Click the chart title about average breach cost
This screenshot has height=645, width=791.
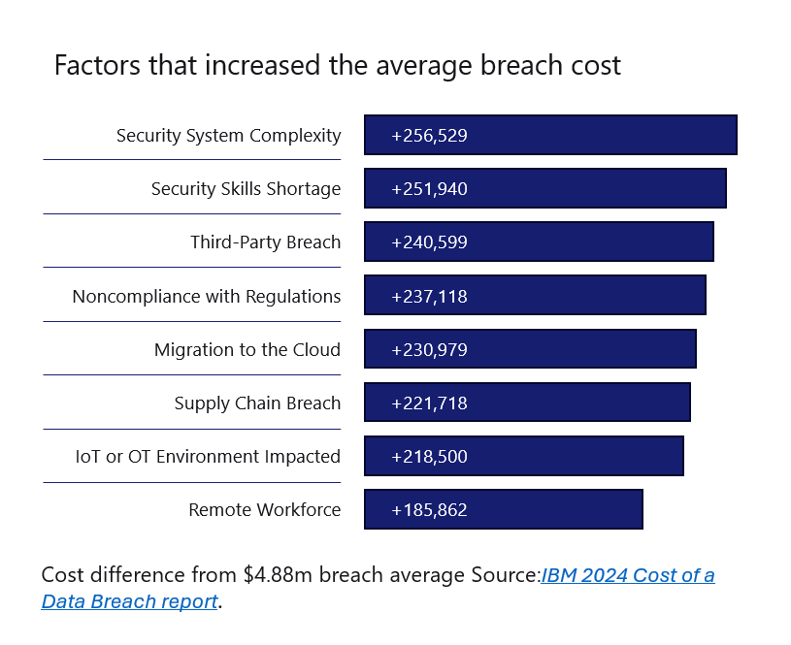coord(337,66)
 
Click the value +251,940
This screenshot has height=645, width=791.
coord(429,189)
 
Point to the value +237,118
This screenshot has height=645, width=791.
coord(429,296)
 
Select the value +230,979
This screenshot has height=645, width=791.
coord(429,349)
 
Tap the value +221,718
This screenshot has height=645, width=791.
coord(429,403)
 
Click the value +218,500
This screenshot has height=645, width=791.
coord(429,456)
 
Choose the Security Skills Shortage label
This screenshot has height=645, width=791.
coord(246,189)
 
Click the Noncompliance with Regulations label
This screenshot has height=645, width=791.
coord(207,296)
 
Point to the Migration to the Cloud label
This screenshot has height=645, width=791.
coord(247,349)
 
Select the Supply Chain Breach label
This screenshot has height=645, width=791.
coord(257,403)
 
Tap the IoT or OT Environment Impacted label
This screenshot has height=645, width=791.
coord(208,456)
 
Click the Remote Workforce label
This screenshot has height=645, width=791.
coord(264,509)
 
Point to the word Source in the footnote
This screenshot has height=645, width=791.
coord(505,575)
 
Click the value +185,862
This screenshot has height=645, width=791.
coord(429,509)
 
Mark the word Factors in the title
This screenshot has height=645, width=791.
coord(90,66)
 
